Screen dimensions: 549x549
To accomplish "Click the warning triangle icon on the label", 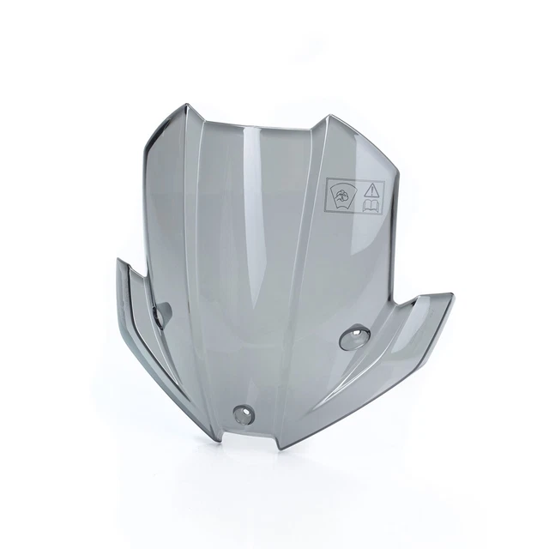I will pyautogui.click(x=373, y=189).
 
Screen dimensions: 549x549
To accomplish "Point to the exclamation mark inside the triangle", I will pyautogui.click(x=373, y=190).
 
